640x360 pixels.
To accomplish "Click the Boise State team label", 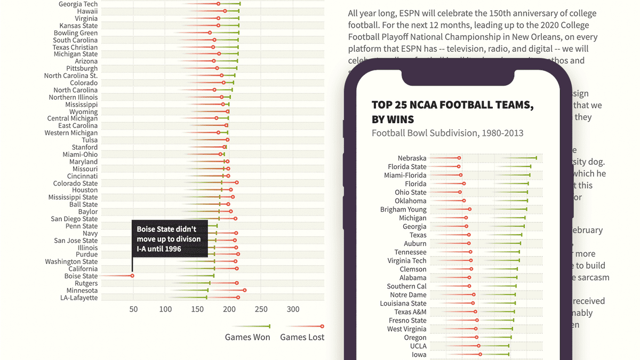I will pos(81,276).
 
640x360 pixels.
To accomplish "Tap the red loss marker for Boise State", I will pos(132,276).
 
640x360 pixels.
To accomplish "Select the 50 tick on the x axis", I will pos(133,309).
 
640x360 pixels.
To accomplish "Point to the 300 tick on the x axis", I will pos(293,309).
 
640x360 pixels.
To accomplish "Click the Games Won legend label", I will pos(247,337).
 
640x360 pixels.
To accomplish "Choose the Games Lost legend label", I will pos(302,337).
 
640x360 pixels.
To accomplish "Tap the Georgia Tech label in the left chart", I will pos(78,4).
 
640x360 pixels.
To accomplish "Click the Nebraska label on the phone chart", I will pos(412,158).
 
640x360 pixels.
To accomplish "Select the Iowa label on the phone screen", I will pos(419,355).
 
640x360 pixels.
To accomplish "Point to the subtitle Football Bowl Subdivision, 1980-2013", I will pos(447,133).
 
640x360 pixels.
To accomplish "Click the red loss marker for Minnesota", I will pos(244,291).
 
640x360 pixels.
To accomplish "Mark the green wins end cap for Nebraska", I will pos(536,157).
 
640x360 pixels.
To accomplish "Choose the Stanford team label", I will pos(85,147).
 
